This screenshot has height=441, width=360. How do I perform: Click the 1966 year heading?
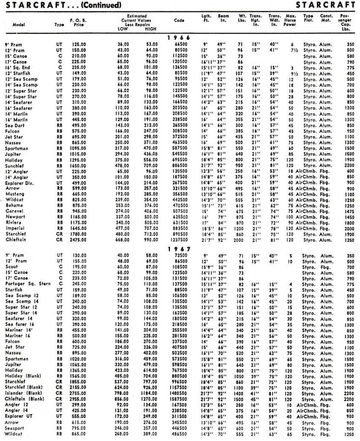pos(180,37)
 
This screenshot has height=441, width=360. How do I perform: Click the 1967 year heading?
pos(180,249)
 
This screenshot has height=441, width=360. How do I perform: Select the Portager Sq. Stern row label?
pos(28,284)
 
